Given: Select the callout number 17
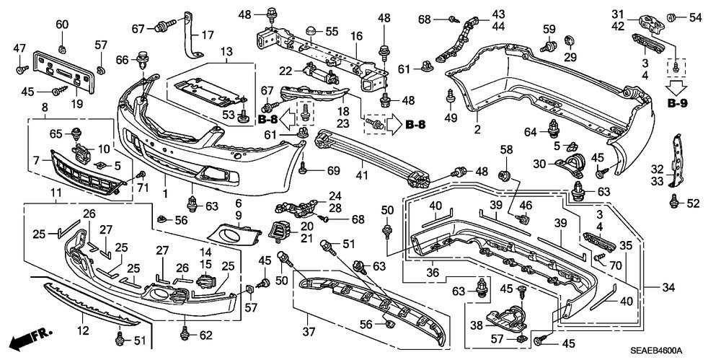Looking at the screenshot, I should pos(208,35).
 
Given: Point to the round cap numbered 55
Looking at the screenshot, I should pos(311,30).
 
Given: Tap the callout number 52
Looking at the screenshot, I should pos(693,203).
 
